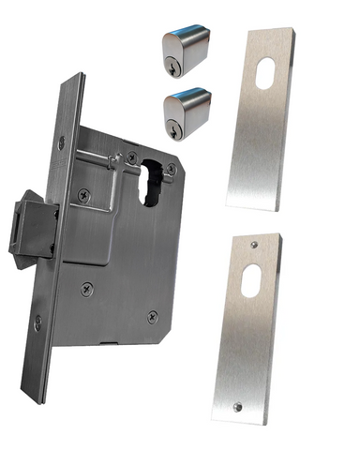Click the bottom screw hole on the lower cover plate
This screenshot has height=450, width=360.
236,406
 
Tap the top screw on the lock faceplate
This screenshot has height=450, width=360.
62,142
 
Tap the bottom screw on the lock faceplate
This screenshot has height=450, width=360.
38,324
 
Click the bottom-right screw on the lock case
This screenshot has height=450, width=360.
148,315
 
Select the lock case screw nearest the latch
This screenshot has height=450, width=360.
85,195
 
